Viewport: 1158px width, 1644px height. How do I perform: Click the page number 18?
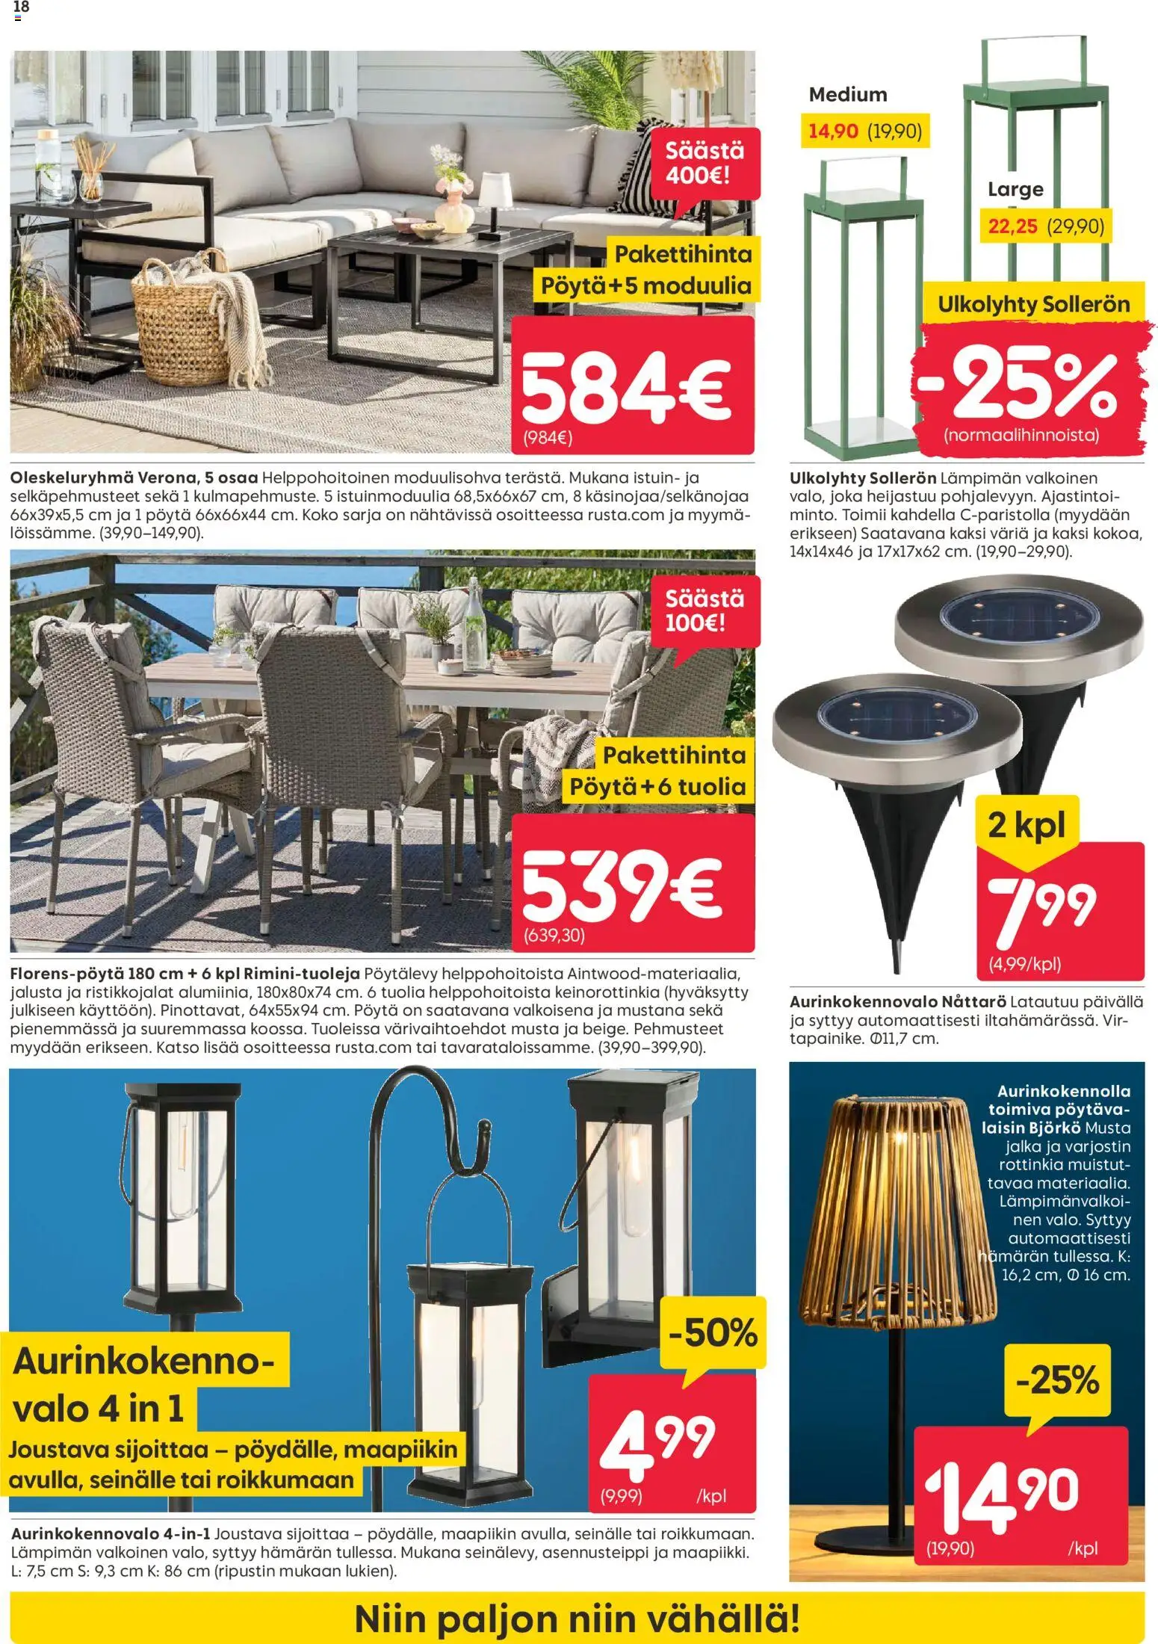click(21, 7)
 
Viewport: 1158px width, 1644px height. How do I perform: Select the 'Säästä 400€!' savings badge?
click(705, 163)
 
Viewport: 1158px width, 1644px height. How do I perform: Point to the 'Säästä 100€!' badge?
click(705, 611)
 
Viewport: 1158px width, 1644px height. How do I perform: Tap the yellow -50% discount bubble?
click(713, 1334)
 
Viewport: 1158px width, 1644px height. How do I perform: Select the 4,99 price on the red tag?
click(657, 1443)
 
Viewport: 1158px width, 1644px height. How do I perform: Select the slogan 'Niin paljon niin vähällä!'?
click(577, 1619)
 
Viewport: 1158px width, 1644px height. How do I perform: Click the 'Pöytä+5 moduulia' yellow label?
click(645, 286)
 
